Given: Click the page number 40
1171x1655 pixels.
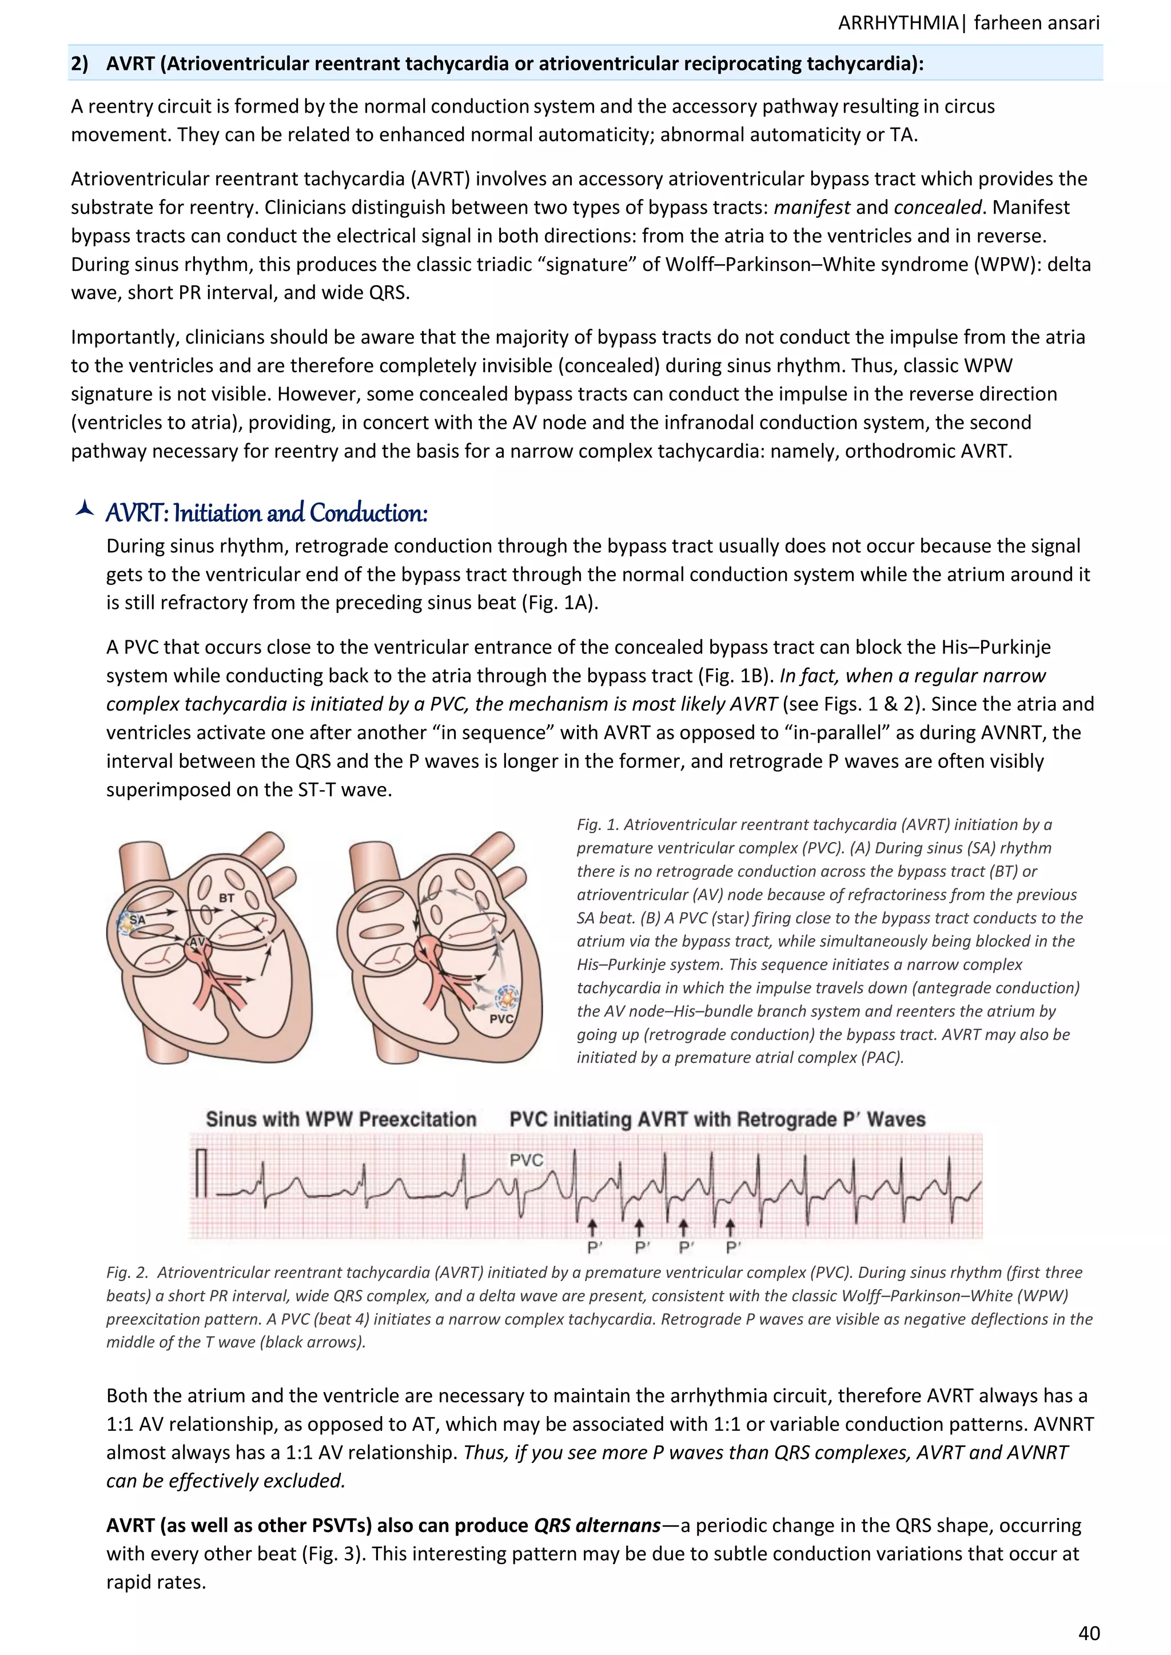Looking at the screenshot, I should tap(1088, 1632).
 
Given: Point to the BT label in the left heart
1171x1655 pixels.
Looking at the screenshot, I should tap(226, 898).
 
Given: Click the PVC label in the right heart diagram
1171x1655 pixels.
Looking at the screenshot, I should tap(501, 1019).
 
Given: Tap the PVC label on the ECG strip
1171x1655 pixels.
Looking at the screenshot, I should tap(525, 1160).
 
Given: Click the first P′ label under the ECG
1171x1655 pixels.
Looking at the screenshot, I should tap(594, 1248).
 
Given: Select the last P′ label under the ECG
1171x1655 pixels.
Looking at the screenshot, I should tap(734, 1248).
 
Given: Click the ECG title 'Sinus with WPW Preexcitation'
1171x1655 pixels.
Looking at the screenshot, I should tap(341, 1119).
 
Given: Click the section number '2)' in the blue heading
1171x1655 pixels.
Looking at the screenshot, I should tap(79, 63).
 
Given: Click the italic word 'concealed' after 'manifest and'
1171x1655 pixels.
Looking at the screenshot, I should tap(937, 208).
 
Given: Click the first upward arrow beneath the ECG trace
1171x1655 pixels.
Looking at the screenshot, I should tap(593, 1227).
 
